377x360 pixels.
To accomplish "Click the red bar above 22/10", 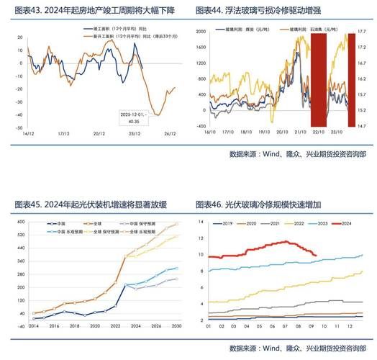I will point(319,79).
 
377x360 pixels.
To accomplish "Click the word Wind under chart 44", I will point(271,154).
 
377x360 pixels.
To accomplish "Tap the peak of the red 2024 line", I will point(288,241).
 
